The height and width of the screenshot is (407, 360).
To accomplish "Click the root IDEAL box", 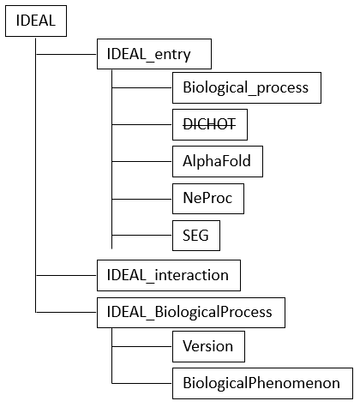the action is (x=36, y=21).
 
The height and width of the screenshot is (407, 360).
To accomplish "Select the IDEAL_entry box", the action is (x=154, y=54).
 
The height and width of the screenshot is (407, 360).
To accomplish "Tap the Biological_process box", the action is (x=247, y=87).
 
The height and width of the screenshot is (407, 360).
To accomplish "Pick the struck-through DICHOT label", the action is (x=209, y=124).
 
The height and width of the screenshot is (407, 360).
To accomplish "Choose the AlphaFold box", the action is (x=218, y=161).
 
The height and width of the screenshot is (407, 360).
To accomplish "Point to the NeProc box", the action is (x=208, y=199).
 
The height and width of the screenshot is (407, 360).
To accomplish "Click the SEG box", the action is (x=196, y=236).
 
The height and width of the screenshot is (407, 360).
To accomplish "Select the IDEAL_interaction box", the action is (x=169, y=275).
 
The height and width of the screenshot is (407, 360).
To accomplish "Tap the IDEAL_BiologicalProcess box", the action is (x=191, y=313).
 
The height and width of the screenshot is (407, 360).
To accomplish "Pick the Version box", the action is (x=208, y=346).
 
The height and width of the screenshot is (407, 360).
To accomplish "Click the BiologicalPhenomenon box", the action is (x=263, y=383).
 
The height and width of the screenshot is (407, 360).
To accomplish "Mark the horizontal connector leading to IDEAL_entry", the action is (x=67, y=54).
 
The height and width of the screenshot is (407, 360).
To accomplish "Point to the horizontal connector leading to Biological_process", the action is (x=142, y=87).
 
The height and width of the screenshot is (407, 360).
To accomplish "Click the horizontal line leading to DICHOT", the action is (x=142, y=124).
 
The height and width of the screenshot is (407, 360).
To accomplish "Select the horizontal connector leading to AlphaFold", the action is (x=142, y=161).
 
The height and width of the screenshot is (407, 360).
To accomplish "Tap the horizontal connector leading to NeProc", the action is (x=142, y=199).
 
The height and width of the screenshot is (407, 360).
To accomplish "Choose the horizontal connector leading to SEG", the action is (x=142, y=236).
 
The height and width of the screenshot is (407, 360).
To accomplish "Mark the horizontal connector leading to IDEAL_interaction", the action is (x=67, y=275).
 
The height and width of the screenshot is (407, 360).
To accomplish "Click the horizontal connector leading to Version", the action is (x=142, y=346).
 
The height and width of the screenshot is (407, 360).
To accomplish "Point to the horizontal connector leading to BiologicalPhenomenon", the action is (x=142, y=383).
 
